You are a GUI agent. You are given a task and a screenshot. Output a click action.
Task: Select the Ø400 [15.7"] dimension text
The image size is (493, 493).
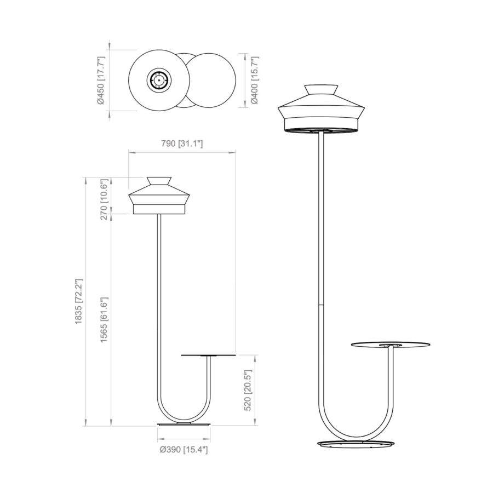pos(254,81)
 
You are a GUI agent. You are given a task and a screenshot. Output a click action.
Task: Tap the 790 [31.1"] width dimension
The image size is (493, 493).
pos(182,144)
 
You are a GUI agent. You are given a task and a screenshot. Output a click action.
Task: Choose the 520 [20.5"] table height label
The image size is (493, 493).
pos(248,390)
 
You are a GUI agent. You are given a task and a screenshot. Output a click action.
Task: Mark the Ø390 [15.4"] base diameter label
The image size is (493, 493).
pos(184,450)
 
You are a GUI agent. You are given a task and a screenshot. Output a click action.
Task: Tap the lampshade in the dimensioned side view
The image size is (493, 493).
pos(159,195)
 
